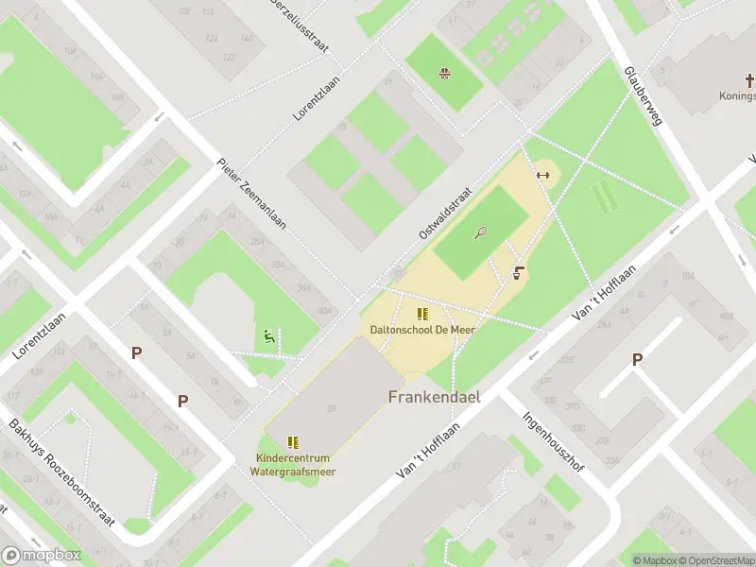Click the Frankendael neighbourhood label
[x=434, y=397]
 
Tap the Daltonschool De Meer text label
[x=421, y=329]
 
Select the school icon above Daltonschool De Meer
[x=421, y=314]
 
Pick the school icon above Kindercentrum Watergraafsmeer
[x=294, y=441]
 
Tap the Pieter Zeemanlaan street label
[x=251, y=194]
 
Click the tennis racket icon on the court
[x=481, y=232]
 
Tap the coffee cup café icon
[x=518, y=274]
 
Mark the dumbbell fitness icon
[x=542, y=174]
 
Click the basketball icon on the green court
[x=443, y=73]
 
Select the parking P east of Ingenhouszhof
[x=637, y=359]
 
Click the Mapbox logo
[x=42, y=556]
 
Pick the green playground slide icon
[x=269, y=335]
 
